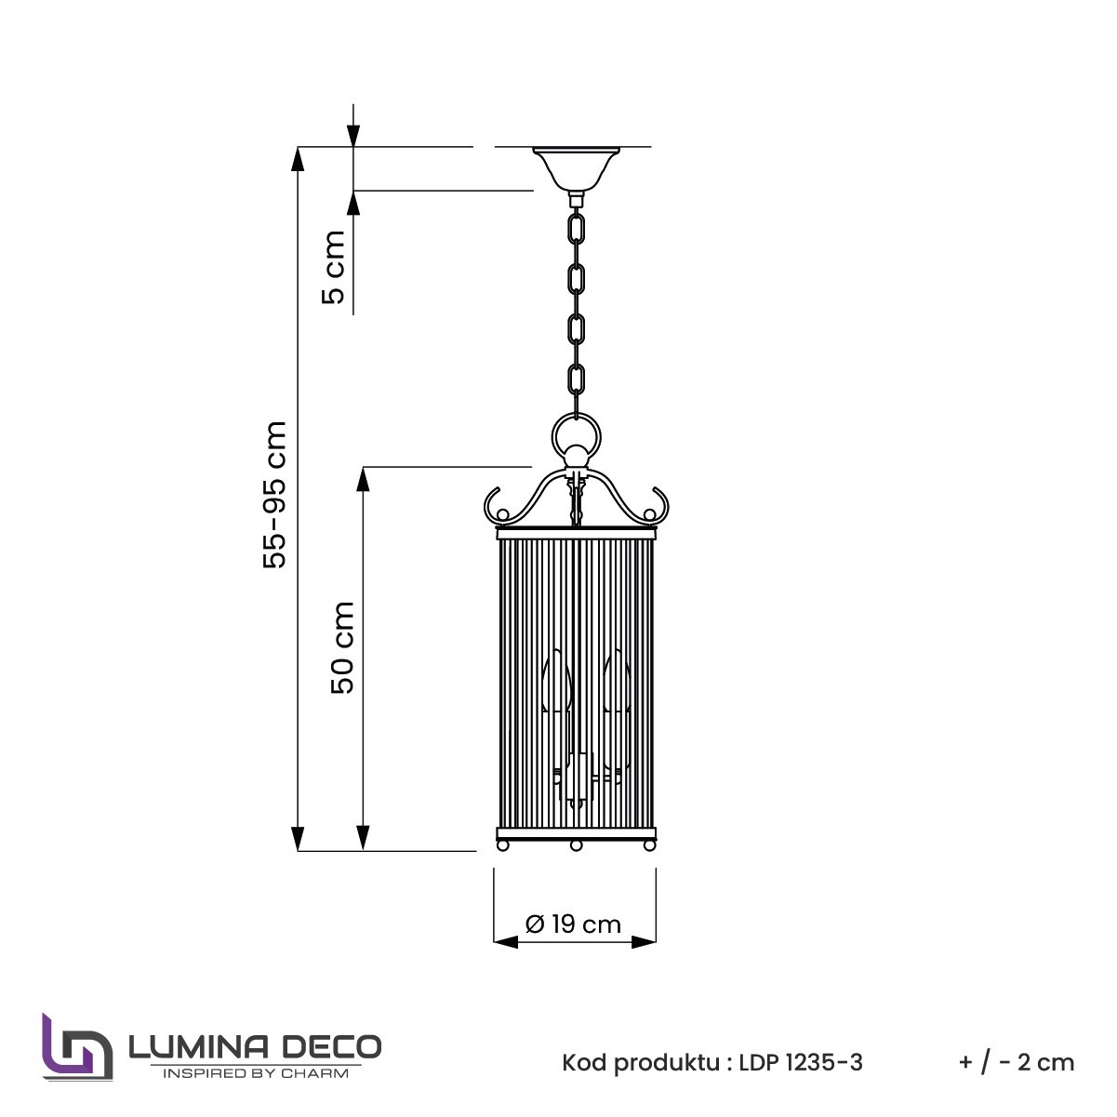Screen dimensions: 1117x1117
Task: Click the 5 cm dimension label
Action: [333, 267]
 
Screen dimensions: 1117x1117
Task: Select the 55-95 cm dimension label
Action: [274, 495]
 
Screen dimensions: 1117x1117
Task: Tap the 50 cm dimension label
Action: [342, 647]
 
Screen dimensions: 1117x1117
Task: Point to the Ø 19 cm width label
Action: [573, 924]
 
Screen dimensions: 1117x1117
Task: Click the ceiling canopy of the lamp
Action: [577, 170]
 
